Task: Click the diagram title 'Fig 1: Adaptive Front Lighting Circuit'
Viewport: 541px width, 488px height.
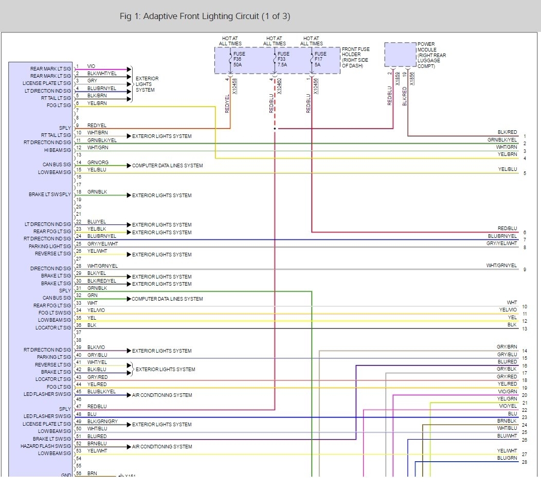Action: (x=205, y=16)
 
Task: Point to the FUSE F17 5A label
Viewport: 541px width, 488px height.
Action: (x=320, y=58)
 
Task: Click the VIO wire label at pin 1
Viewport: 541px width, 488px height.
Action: (x=91, y=66)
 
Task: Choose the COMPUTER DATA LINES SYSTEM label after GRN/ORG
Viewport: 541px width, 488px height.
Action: (x=167, y=166)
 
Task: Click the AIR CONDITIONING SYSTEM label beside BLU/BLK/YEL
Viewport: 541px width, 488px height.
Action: (x=162, y=395)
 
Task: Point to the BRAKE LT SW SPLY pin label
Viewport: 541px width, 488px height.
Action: (x=50, y=195)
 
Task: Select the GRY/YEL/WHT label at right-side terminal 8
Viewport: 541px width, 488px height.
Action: (x=501, y=243)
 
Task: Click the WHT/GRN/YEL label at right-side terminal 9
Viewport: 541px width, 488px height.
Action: (x=501, y=266)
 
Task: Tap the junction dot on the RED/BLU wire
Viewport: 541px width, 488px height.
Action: (x=275, y=129)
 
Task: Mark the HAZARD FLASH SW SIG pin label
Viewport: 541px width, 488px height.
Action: (x=46, y=446)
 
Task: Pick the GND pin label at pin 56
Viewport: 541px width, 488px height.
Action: (x=66, y=475)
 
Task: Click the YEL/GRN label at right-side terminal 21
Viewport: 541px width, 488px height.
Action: (x=507, y=399)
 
